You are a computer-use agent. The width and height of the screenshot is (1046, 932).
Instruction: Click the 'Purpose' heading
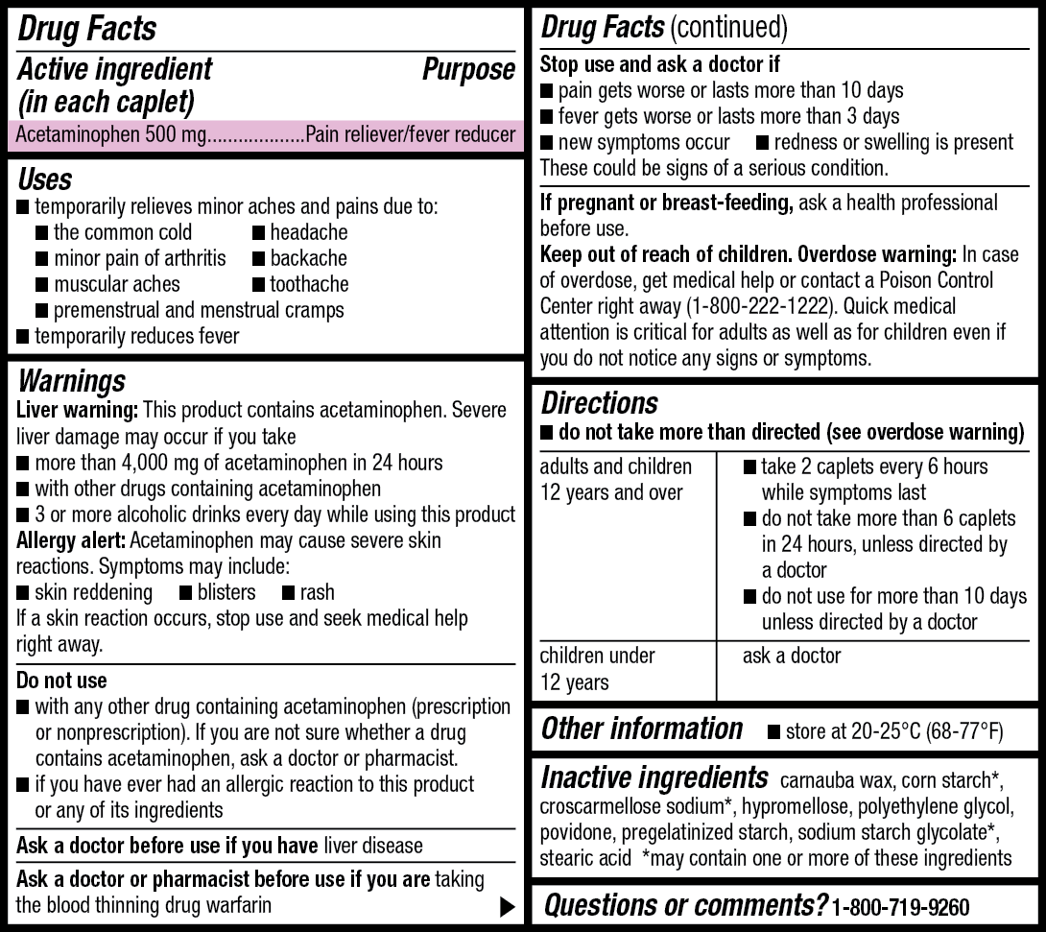click(468, 70)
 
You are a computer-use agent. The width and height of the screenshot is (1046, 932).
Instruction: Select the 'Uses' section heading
click(45, 179)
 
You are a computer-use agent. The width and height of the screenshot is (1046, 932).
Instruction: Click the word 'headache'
click(309, 232)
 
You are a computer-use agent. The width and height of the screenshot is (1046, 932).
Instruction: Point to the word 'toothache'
click(309, 284)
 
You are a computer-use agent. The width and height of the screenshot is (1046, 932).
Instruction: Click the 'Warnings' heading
click(72, 381)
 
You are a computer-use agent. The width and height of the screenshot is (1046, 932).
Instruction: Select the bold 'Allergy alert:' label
click(72, 540)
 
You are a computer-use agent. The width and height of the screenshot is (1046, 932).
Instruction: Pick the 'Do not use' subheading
click(61, 681)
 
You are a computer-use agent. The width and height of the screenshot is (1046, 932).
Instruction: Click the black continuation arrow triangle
click(508, 905)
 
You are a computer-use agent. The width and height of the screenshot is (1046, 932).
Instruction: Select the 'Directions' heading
click(600, 402)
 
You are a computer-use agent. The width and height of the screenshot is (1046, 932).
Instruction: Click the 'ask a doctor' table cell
click(792, 657)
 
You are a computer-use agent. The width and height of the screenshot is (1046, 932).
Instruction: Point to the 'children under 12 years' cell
click(597, 669)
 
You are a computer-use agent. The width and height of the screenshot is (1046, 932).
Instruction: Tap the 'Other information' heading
click(642, 729)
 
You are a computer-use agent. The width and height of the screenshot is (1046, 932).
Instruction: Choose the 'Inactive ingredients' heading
click(654, 777)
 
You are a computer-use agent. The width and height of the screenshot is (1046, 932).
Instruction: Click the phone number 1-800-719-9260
click(901, 907)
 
